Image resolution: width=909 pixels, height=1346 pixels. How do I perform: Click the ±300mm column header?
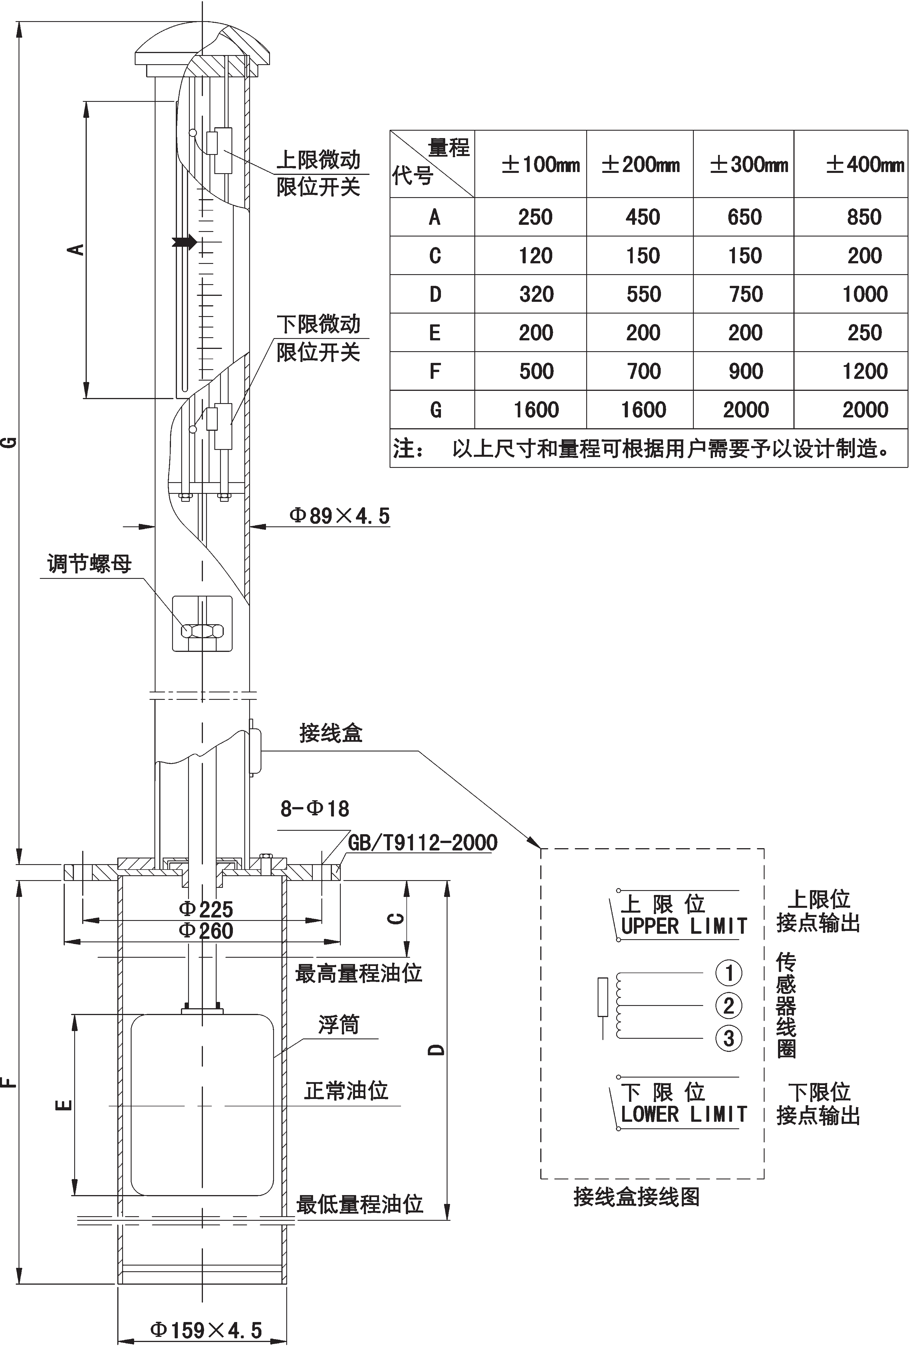[749, 165]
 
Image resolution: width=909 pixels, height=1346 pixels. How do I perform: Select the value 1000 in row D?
[864, 294]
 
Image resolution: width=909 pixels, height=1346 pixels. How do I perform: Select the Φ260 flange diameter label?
[206, 931]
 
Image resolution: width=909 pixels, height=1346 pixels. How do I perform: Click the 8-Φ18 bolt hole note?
[315, 809]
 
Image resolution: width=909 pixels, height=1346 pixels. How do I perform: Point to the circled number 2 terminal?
[729, 1005]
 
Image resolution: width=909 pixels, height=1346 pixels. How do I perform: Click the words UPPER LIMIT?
[684, 926]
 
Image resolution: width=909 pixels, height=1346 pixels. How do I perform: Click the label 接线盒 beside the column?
[330, 733]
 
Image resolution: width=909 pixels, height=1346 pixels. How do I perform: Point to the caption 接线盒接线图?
[636, 1197]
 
